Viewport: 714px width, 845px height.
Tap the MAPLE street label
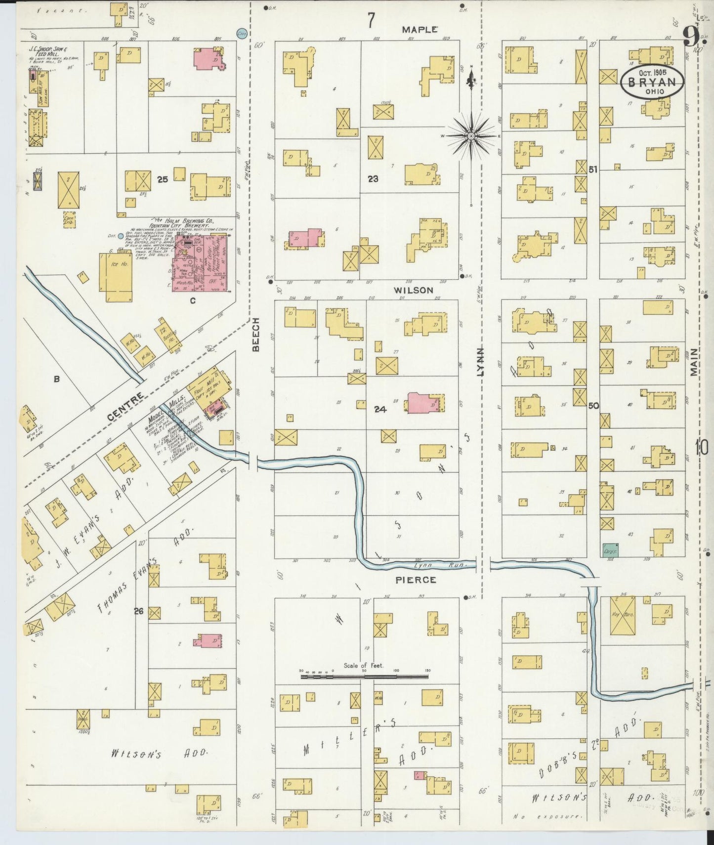point(419,30)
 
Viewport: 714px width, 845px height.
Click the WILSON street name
point(413,290)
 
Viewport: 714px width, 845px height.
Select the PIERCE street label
point(416,580)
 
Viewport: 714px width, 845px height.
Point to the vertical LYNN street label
point(479,362)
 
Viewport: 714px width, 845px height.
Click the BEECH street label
point(255,341)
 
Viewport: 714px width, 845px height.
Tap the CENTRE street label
point(126,407)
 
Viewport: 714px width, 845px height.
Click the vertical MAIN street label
point(694,362)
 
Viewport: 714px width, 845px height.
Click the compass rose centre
point(471,135)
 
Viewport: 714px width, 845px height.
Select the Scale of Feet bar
point(365,676)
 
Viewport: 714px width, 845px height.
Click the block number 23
point(373,179)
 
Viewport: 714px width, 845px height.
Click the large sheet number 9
point(691,36)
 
